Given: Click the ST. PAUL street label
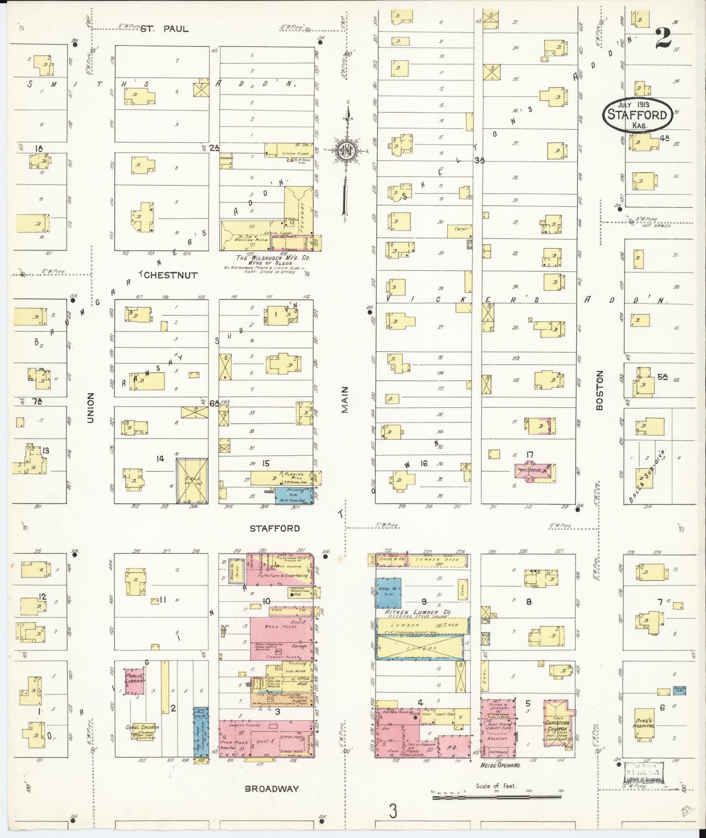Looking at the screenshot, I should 164,29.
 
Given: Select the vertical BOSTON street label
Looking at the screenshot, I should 600,385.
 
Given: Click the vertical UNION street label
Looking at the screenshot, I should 90,409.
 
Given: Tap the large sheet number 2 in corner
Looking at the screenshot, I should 663,37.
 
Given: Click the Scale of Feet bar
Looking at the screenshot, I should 496,798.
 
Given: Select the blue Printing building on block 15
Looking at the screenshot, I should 293,495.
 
